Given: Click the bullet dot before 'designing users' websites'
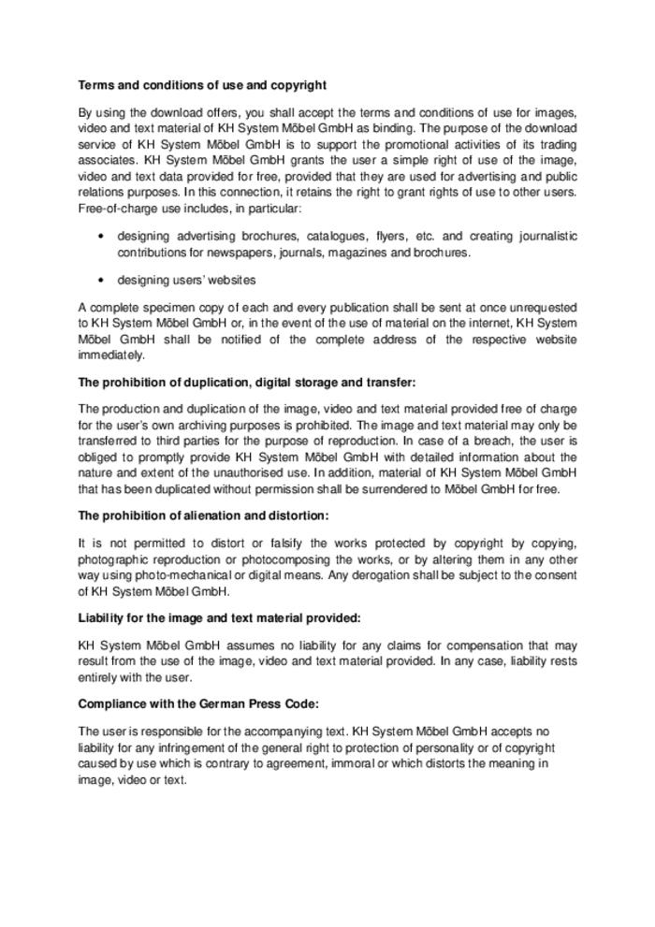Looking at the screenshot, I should [100, 280].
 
